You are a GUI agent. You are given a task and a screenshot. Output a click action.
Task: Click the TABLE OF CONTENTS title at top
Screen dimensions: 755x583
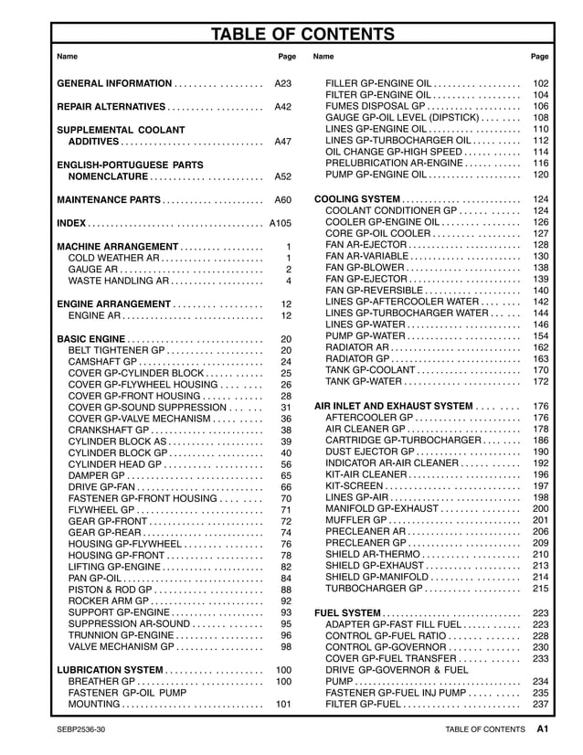302,35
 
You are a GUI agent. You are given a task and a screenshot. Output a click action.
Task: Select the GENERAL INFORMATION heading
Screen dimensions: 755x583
114,83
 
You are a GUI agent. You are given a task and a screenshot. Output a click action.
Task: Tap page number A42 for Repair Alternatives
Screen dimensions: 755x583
283,107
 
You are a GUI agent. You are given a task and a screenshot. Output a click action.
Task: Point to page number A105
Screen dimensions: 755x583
281,223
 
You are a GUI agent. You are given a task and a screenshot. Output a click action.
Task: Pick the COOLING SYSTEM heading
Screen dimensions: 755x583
357,199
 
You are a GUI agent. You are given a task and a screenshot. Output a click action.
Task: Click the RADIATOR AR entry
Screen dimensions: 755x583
363,347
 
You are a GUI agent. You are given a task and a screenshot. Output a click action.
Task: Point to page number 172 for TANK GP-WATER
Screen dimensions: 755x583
540,381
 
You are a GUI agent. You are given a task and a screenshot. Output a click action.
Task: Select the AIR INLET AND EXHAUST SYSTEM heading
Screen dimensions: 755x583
393,406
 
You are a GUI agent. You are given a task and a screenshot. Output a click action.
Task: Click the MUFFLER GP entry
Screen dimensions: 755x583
356,520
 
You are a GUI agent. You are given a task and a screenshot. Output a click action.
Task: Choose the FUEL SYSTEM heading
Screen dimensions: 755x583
347,612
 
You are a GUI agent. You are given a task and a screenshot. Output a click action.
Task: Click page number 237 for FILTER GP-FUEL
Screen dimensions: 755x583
540,705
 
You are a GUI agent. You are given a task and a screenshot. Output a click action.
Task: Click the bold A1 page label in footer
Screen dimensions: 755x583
542,729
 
